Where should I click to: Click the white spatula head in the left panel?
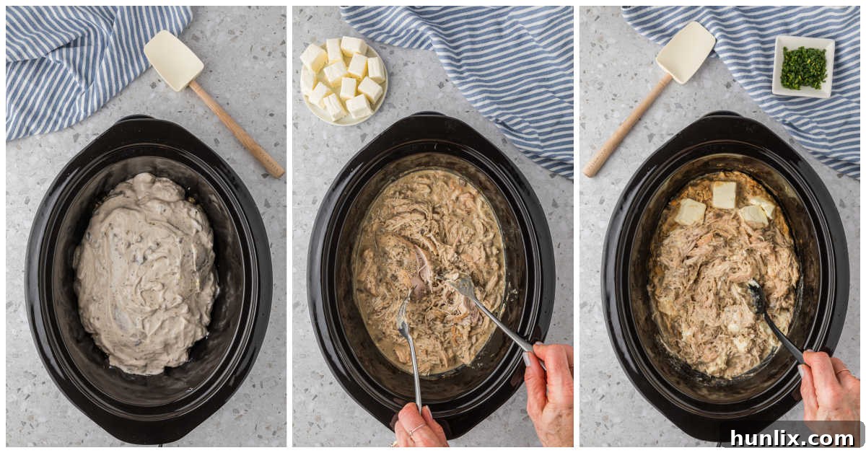tap(173, 60)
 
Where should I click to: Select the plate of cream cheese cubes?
tap(344, 79)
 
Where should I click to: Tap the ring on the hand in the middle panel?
tap(418, 430)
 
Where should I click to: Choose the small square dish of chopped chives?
tap(803, 66)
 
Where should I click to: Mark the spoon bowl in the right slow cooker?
tap(756, 296)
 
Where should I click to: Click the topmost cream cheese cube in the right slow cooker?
tap(724, 194)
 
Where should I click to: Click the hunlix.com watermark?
tap(792, 437)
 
